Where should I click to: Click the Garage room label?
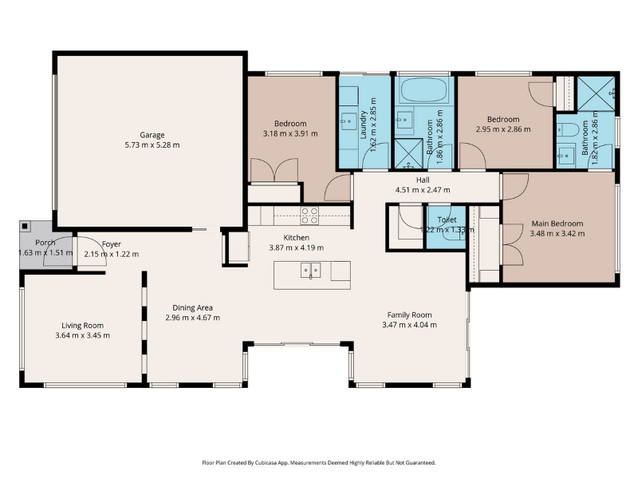(x=152, y=135)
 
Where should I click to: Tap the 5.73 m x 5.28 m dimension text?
(x=152, y=145)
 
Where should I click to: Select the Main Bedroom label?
(x=557, y=224)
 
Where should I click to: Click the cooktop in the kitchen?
(x=309, y=216)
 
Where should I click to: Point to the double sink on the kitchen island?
(x=310, y=271)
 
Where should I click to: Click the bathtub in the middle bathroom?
(x=424, y=89)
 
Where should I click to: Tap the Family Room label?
(x=409, y=315)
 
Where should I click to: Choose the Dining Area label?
(x=192, y=308)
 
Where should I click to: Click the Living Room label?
(x=83, y=326)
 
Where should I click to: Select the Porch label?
(x=45, y=243)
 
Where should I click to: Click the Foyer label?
(x=112, y=244)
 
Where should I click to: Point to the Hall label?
(x=423, y=180)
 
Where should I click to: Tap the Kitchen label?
(x=296, y=237)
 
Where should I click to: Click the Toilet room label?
(x=447, y=220)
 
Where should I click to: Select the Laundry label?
(x=364, y=125)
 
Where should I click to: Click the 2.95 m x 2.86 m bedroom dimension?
(x=503, y=129)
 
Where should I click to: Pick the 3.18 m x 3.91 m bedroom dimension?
(x=290, y=133)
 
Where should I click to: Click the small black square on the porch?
(x=26, y=226)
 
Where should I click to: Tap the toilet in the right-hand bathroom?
(x=568, y=129)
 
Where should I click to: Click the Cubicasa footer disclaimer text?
(x=319, y=463)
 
